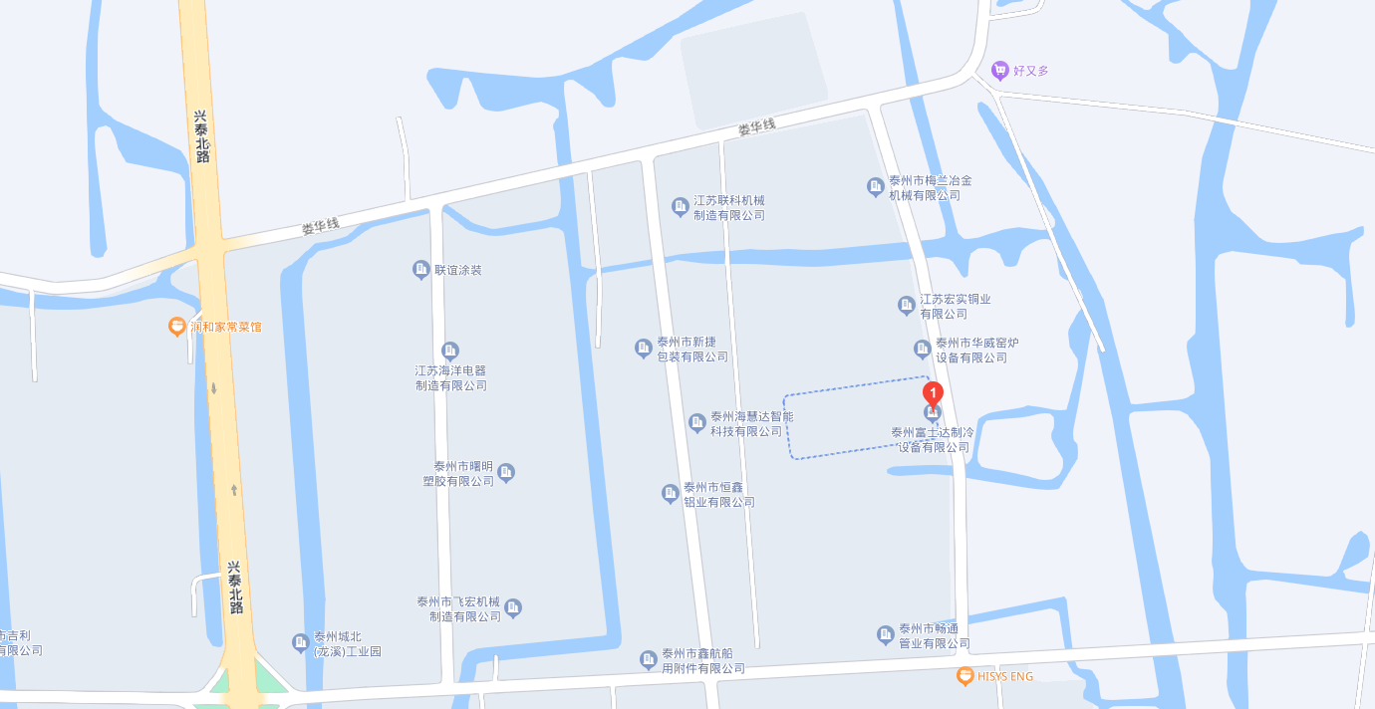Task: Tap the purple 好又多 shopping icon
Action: point(1000,70)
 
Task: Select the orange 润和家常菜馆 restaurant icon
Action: point(177,326)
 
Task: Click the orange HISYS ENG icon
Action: point(964,676)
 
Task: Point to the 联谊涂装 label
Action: point(457,270)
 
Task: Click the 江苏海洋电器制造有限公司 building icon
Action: point(450,351)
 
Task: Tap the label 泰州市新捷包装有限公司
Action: point(692,349)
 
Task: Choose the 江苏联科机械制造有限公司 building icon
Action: point(681,207)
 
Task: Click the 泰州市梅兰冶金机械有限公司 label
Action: point(931,187)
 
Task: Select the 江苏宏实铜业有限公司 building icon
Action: point(907,305)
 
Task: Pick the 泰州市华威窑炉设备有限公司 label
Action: point(976,351)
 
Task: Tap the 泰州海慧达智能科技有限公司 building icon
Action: point(697,423)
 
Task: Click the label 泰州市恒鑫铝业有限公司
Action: point(719,495)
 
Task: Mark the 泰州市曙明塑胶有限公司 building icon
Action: point(506,472)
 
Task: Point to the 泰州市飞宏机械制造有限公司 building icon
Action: point(513,607)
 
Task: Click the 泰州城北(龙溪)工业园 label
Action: point(348,644)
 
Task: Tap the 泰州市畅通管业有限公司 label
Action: point(935,636)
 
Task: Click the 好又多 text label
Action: point(1031,71)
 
